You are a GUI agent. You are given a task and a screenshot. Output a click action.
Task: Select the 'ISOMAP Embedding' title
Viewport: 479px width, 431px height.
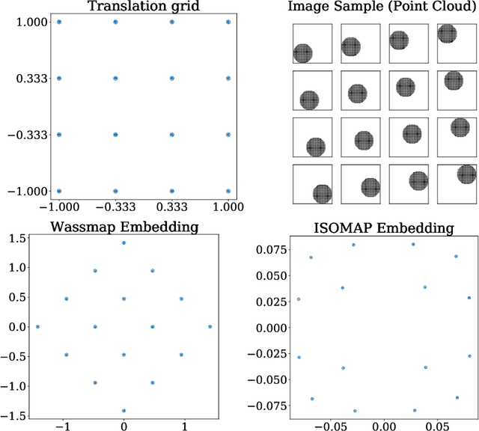pyautogui.click(x=382, y=227)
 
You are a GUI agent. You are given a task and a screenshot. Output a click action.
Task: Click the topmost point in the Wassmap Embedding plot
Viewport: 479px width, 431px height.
pyautogui.click(x=123, y=242)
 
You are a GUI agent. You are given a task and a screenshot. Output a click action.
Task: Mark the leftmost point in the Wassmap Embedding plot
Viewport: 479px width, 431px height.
pyautogui.click(x=37, y=327)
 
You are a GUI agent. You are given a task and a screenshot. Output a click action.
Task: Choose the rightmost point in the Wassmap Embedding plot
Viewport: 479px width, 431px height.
pyautogui.click(x=210, y=327)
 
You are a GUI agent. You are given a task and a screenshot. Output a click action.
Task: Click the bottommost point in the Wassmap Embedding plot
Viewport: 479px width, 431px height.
pyautogui.click(x=123, y=411)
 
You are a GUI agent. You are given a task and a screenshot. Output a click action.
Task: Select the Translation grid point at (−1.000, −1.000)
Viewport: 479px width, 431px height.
pyautogui.click(x=59, y=191)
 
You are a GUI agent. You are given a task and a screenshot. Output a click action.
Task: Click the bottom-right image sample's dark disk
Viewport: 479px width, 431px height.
pyautogui.click(x=467, y=175)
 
